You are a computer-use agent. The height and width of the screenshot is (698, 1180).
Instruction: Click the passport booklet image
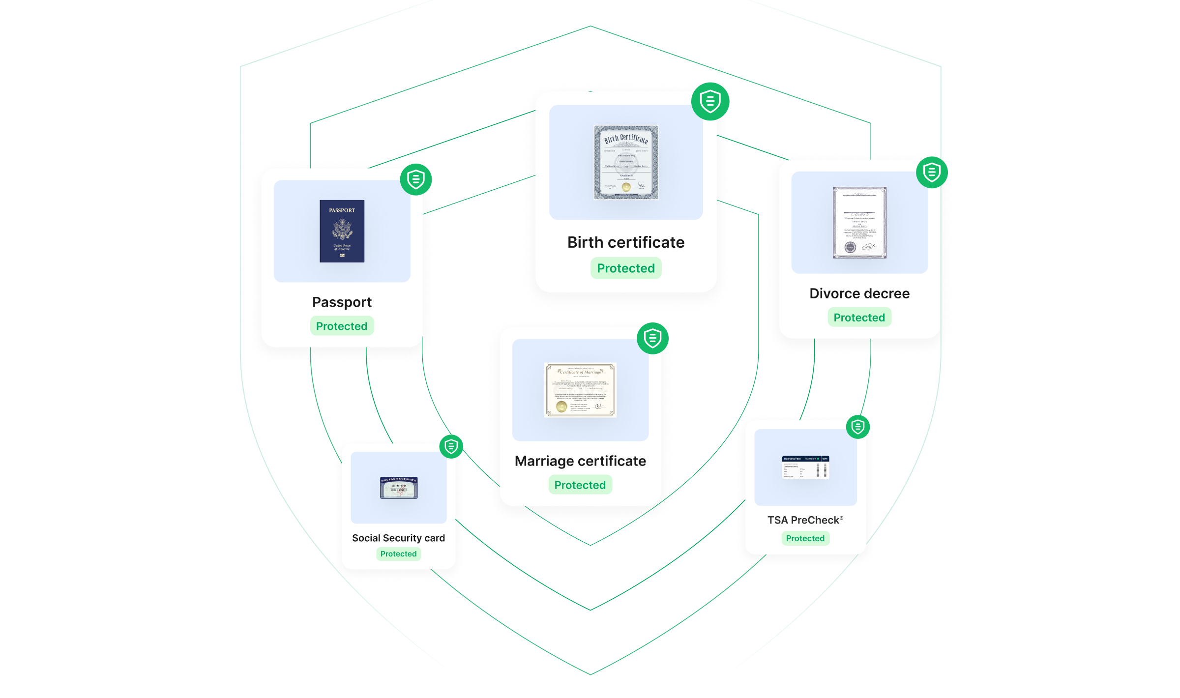coord(342,231)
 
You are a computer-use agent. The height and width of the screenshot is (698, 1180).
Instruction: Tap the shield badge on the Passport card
coord(416,179)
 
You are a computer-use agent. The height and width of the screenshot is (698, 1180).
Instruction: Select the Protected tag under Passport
coord(342,326)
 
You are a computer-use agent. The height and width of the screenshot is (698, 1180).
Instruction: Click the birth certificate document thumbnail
coord(626,162)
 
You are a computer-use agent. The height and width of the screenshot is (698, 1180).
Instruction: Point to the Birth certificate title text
coord(626,242)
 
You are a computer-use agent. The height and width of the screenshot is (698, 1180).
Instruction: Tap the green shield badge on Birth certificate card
coord(710,102)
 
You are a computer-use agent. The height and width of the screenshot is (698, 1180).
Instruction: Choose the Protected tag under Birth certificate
coord(626,268)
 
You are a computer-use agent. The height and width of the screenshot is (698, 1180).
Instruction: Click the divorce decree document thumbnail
coord(859,223)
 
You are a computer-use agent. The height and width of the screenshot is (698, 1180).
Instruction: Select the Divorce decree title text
coord(859,293)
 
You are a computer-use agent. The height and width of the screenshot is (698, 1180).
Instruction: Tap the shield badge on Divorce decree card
coord(932,173)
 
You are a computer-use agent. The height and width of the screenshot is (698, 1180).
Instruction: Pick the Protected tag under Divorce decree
coord(859,318)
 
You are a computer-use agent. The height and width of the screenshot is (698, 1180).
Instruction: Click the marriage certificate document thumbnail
coord(580,390)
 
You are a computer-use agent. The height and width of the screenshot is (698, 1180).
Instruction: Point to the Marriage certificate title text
coord(580,461)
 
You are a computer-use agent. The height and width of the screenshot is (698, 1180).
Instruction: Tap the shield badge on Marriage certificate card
coord(652,338)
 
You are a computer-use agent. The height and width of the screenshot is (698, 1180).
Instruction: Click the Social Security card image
coord(399,488)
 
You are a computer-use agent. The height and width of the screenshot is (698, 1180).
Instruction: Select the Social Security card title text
coord(398,538)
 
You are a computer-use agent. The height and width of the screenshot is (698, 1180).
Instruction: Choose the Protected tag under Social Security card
coord(398,554)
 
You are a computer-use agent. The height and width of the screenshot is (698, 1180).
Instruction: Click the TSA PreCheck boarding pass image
coord(805,467)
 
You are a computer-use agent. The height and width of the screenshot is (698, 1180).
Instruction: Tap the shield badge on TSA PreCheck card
coord(858,427)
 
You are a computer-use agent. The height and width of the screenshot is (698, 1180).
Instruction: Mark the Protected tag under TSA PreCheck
coord(805,538)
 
